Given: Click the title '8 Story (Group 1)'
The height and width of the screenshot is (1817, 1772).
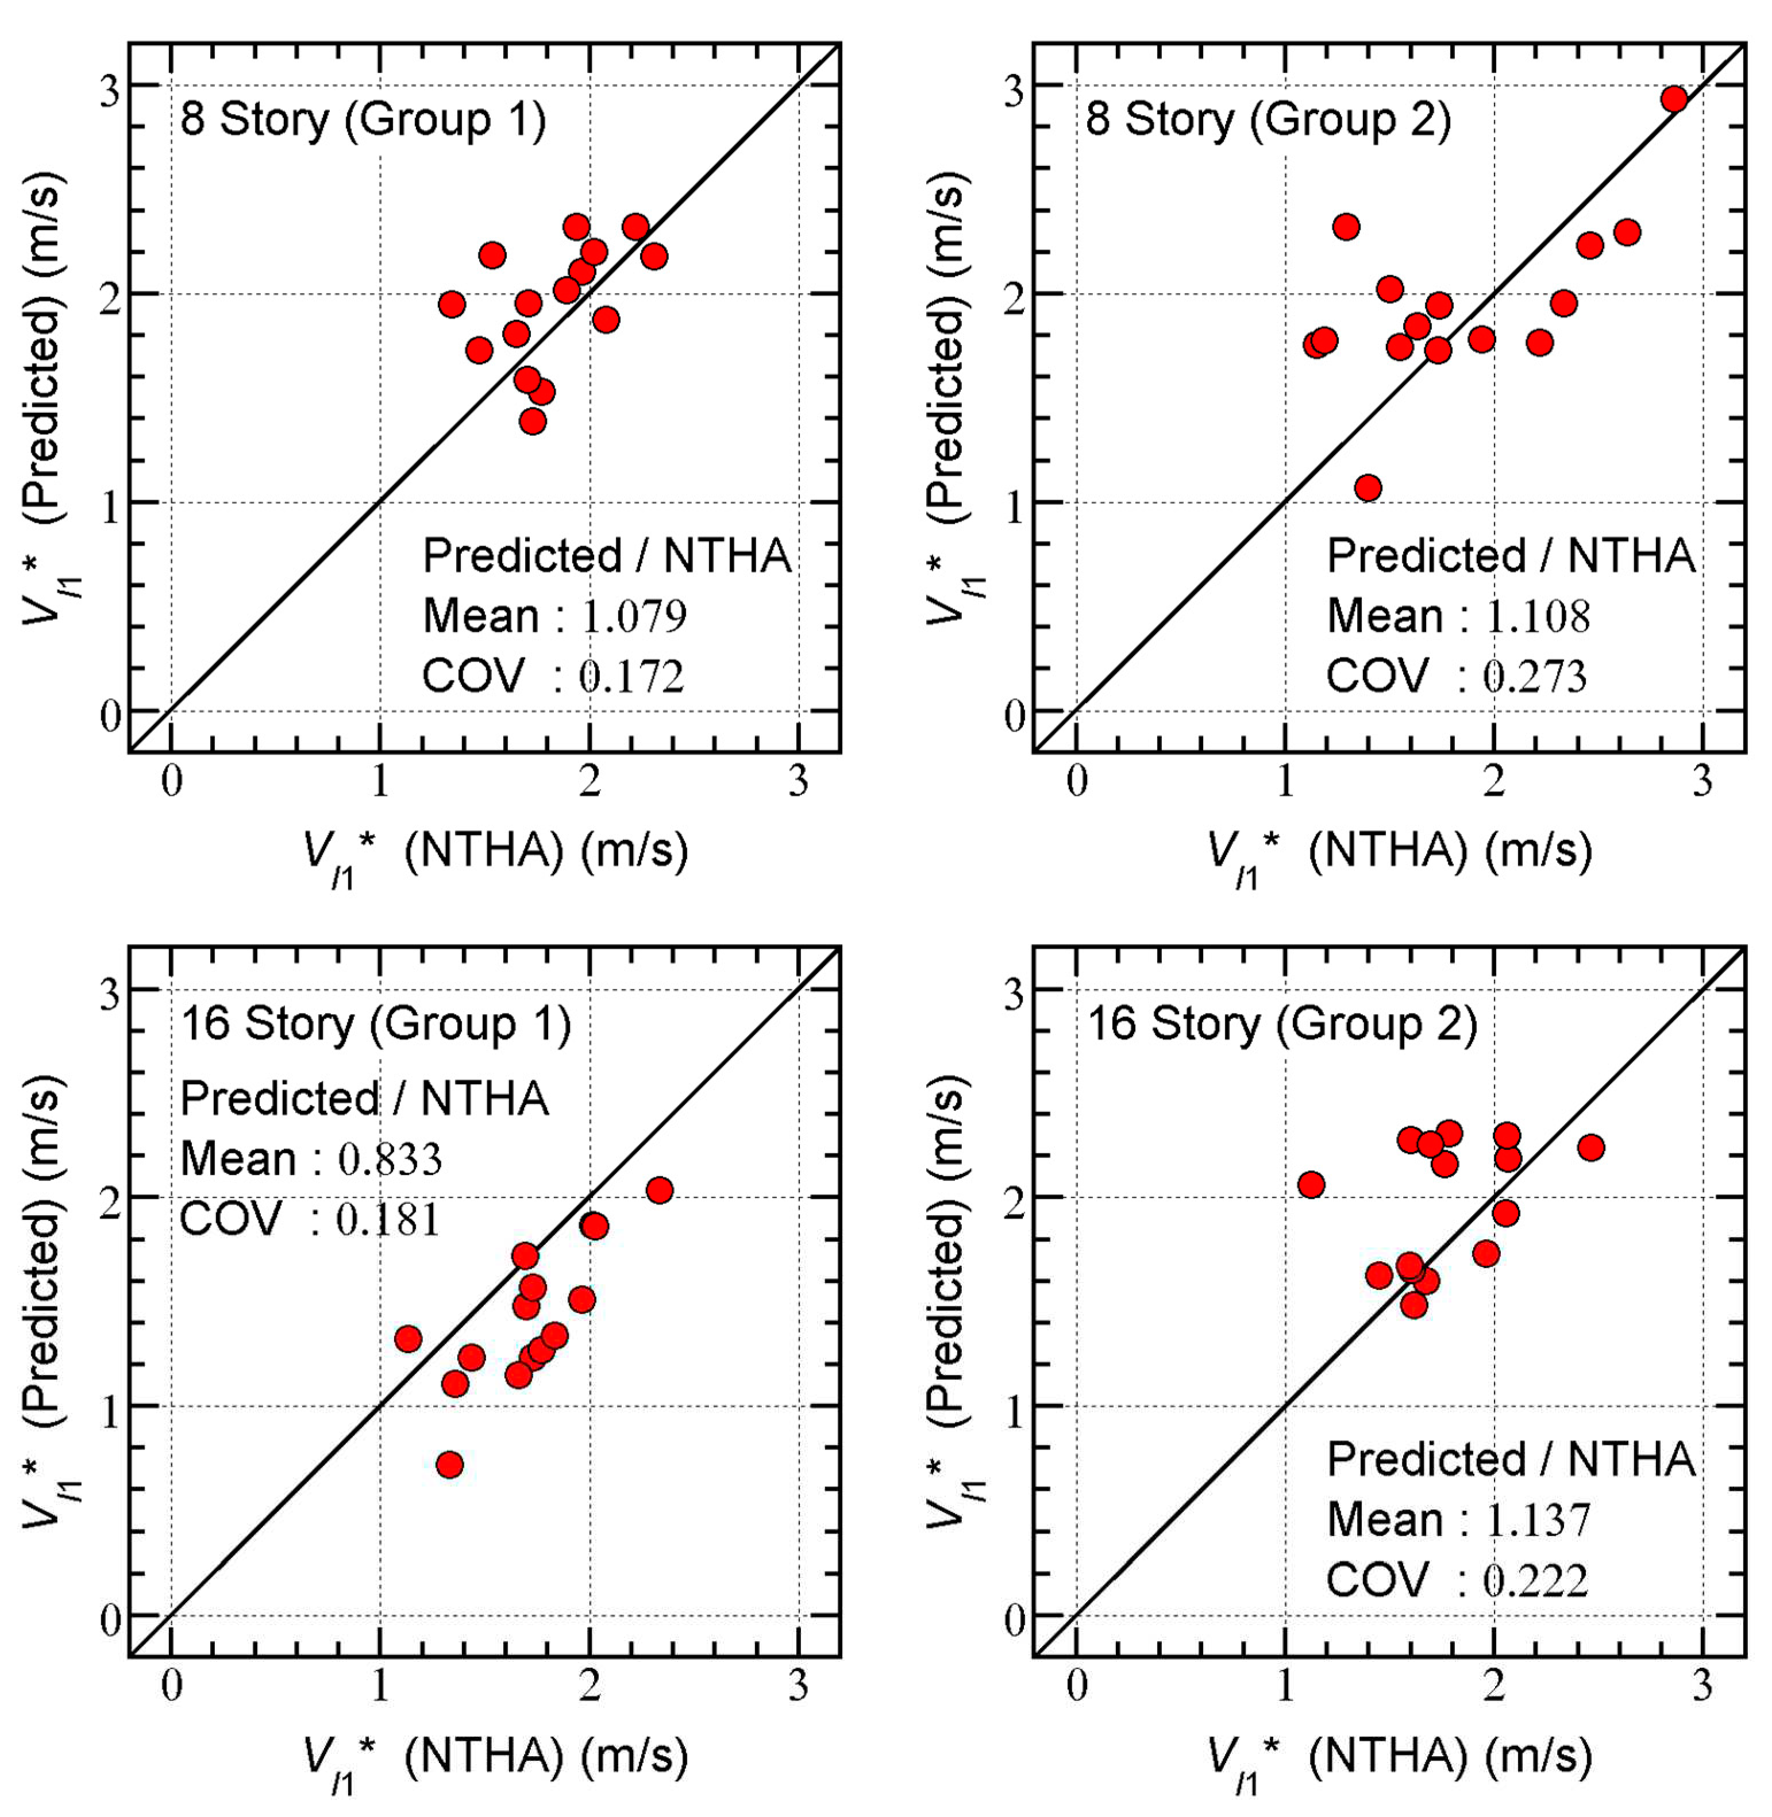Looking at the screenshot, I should tap(363, 120).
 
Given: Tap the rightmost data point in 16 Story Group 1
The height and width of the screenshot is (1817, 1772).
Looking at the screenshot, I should tap(659, 1190).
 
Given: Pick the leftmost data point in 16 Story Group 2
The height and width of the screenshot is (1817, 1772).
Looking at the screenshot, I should tap(1311, 1184).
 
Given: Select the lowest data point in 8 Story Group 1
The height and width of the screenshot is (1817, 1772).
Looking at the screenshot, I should tap(532, 422).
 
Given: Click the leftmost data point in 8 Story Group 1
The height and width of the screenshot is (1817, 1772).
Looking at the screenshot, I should tap(452, 304).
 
